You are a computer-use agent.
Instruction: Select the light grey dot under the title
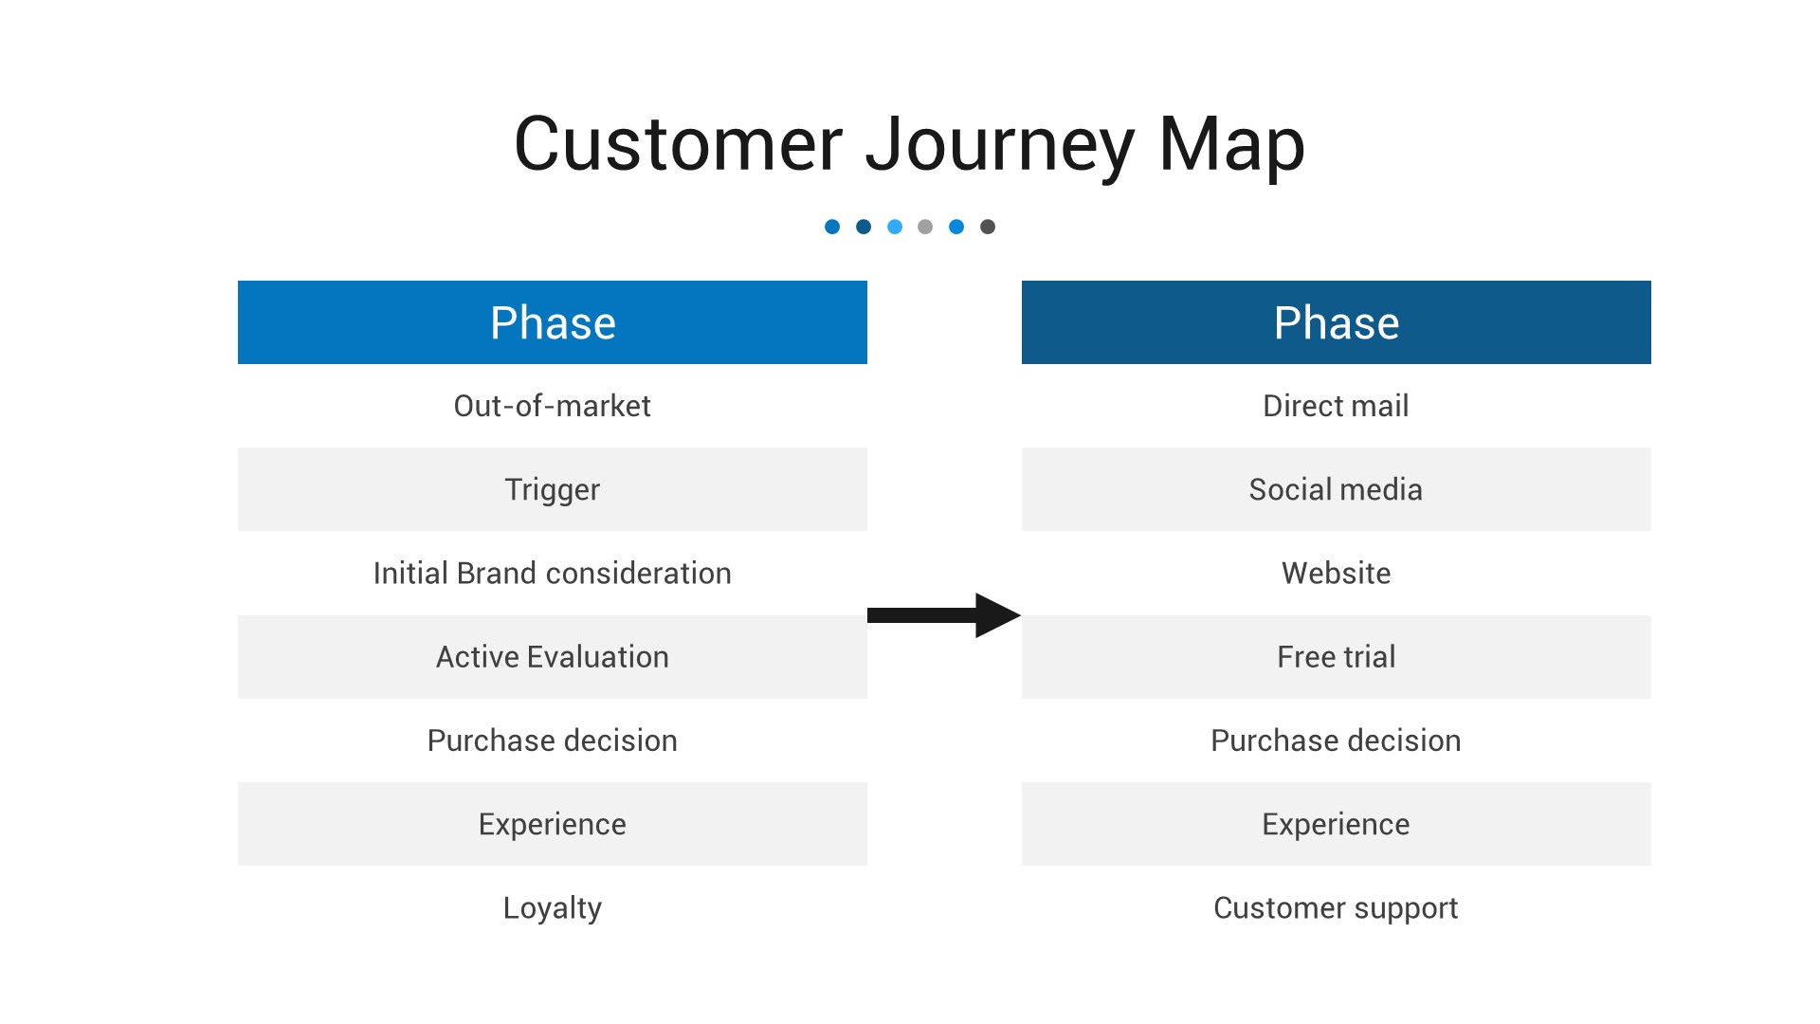[925, 227]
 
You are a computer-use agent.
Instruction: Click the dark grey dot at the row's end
[988, 227]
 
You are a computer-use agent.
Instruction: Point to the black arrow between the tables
[943, 615]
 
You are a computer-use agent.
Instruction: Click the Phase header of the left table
[553, 322]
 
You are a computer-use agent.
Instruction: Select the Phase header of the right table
[1336, 322]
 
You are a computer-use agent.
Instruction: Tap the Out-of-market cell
[553, 406]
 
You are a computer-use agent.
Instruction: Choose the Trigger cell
[553, 489]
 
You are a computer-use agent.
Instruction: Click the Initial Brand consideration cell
[553, 573]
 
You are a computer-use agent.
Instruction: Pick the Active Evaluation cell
[553, 657]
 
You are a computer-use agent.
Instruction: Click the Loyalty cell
[553, 907]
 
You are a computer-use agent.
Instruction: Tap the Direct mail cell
[1336, 406]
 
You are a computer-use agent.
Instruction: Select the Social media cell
[1336, 489]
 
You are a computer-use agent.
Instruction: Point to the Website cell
[1336, 573]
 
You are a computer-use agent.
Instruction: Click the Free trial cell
[1336, 657]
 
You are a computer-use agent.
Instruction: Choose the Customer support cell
[1336, 907]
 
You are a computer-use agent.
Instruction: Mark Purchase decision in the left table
[553, 741]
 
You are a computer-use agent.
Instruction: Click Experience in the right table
[1336, 824]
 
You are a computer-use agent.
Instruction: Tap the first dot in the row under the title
[832, 227]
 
